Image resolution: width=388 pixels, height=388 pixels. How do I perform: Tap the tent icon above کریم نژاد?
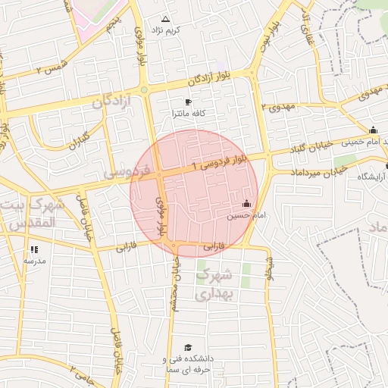coord(166,17)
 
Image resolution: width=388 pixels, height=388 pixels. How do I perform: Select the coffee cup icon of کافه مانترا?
coord(189,102)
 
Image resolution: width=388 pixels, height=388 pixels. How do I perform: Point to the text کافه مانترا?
coord(189,114)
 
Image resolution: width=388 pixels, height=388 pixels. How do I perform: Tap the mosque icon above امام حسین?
coord(246,204)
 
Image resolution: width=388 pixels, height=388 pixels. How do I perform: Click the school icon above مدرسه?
coord(34,249)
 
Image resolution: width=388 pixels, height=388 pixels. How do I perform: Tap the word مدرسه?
coord(34,261)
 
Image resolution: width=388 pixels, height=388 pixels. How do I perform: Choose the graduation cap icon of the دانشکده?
coord(187,347)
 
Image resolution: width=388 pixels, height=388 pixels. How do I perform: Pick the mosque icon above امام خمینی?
coord(372,130)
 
